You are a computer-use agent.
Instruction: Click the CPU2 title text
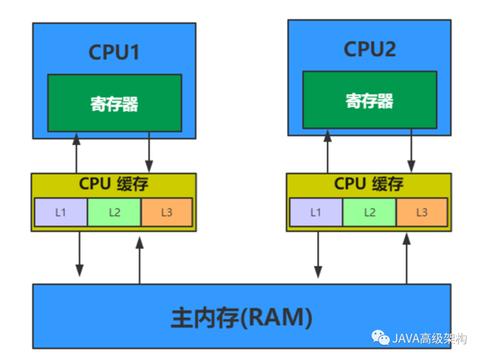(369, 49)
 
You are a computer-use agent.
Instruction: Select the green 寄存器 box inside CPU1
(114, 104)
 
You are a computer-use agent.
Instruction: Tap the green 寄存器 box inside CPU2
(369, 101)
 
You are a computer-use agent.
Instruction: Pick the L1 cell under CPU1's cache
(60, 213)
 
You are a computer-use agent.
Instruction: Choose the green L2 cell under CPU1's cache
(114, 213)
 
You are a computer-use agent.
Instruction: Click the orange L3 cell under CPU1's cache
(167, 213)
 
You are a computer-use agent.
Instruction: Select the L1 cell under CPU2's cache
(316, 213)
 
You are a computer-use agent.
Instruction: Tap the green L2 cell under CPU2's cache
(369, 213)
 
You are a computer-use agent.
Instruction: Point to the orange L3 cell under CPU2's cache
(422, 213)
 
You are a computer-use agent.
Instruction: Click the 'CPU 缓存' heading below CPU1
(114, 184)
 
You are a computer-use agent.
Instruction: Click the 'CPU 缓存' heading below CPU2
(369, 184)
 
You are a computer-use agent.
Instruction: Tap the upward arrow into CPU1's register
(76, 152)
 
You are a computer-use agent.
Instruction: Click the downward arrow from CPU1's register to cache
(150, 152)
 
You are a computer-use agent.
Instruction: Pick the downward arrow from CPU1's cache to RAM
(80, 254)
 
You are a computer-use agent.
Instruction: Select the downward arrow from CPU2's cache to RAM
(323, 254)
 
